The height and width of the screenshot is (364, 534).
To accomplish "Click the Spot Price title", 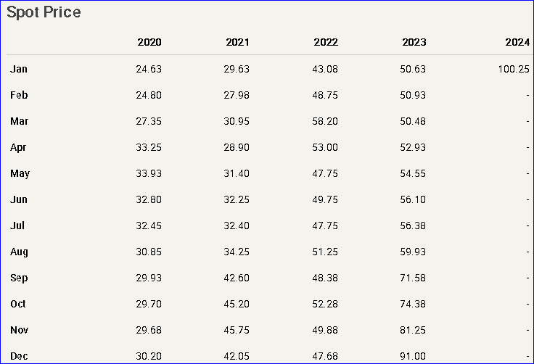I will pos(44,12).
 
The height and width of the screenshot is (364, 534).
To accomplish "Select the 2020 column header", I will pos(149,42).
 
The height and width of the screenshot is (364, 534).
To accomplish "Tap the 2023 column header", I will pos(414,42).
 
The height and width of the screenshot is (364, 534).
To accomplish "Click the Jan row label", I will pos(19,69).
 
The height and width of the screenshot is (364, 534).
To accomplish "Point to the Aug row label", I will pos(20,252).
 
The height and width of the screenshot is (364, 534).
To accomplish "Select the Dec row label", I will pos(20,356).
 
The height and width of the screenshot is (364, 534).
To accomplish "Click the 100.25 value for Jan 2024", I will pos(514,69).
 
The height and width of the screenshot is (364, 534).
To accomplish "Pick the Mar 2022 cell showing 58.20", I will pos(325,121).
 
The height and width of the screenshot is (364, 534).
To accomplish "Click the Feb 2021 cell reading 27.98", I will pos(237,95).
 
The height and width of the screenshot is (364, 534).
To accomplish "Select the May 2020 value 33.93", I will pos(149,173).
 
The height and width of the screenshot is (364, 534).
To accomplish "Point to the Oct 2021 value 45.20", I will pos(237,304).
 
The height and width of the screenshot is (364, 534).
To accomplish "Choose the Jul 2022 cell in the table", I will pos(325,226).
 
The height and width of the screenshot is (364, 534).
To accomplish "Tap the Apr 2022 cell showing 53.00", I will pos(325,147).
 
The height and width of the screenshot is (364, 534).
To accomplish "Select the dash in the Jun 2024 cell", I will pos(527,199).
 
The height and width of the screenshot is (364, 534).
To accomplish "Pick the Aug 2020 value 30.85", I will pos(149,252).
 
